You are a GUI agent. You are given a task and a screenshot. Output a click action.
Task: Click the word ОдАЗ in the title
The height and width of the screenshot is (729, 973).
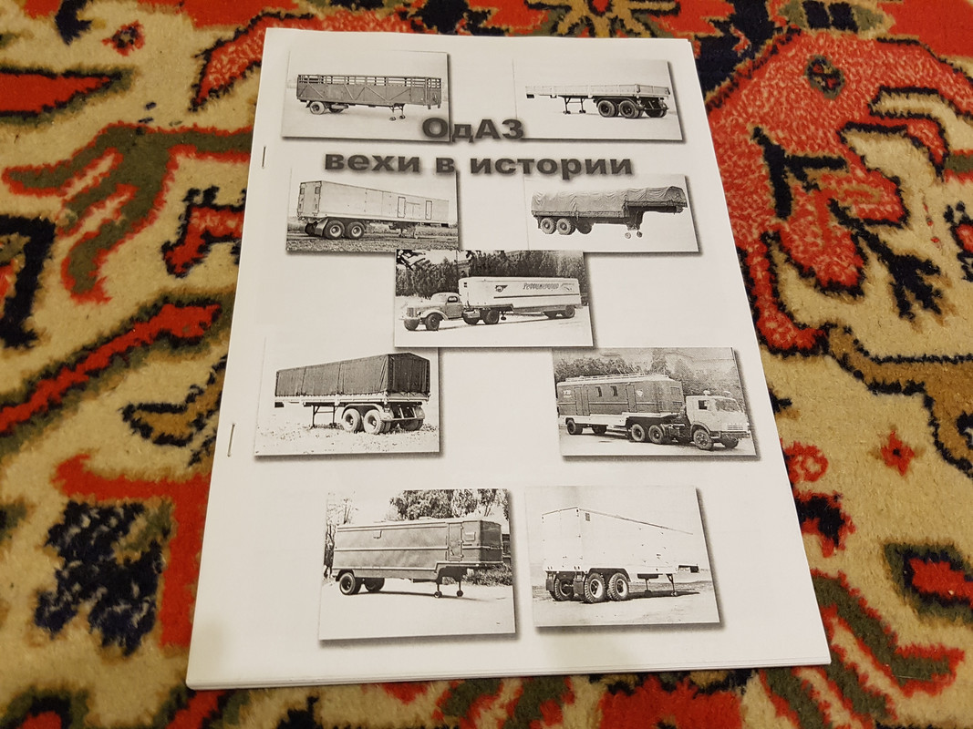point(473,129)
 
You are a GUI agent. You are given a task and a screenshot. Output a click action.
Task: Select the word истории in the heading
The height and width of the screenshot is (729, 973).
point(551,166)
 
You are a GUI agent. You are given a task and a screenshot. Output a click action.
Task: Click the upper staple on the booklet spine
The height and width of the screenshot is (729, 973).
point(264,157)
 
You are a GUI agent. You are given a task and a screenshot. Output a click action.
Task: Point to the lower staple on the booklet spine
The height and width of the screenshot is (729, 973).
point(232,439)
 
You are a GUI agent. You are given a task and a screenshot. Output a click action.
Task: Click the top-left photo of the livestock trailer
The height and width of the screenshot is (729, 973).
point(366,96)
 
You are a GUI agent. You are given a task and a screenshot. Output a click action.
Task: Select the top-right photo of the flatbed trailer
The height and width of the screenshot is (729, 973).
point(598,99)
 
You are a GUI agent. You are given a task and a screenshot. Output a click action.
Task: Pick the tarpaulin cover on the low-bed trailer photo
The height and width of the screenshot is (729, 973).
point(608,200)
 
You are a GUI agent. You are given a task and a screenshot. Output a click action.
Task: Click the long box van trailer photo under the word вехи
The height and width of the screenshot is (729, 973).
point(372,211)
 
